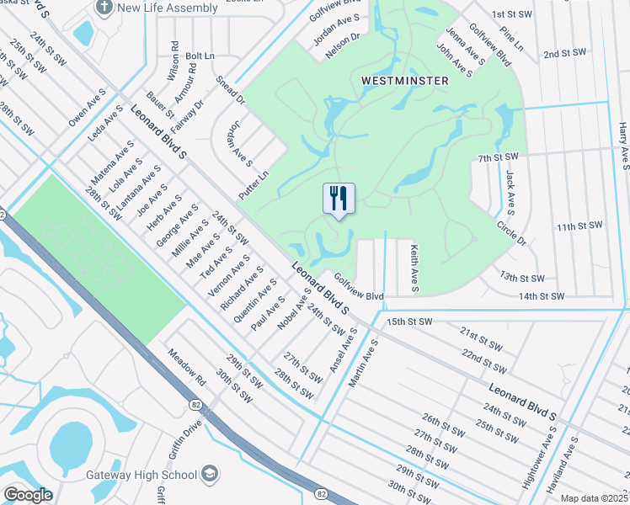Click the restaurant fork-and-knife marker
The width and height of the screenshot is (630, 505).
[339, 199]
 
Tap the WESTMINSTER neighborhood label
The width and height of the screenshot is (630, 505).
[405, 81]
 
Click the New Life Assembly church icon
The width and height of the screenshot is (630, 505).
[104, 8]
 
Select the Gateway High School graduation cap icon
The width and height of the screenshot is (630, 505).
[211, 475]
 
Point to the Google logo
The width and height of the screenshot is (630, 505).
[28, 495]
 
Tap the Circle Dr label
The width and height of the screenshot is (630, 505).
[510, 233]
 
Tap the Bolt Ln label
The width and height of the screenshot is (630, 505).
[200, 56]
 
